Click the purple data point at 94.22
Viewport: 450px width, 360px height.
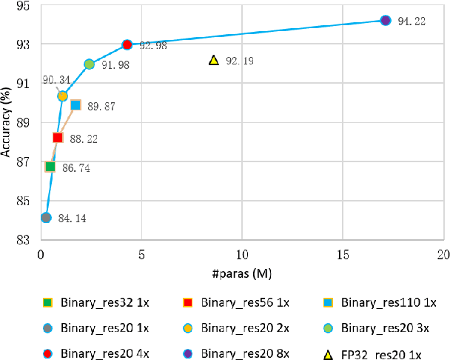point(385,20)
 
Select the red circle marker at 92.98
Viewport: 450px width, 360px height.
point(127,45)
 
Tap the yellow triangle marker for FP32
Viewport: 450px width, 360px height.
point(213,60)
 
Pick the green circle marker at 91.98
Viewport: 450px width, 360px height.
point(90,64)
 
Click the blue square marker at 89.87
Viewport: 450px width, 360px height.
point(75,105)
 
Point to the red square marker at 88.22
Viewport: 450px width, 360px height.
point(58,137)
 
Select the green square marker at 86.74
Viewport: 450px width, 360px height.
point(50,167)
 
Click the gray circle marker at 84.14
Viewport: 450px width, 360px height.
point(46,217)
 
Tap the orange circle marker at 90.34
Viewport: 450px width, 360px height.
point(63,96)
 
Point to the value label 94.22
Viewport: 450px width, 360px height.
point(411,21)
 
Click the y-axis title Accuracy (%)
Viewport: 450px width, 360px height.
point(7,122)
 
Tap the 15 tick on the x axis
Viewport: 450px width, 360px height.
point(342,253)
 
